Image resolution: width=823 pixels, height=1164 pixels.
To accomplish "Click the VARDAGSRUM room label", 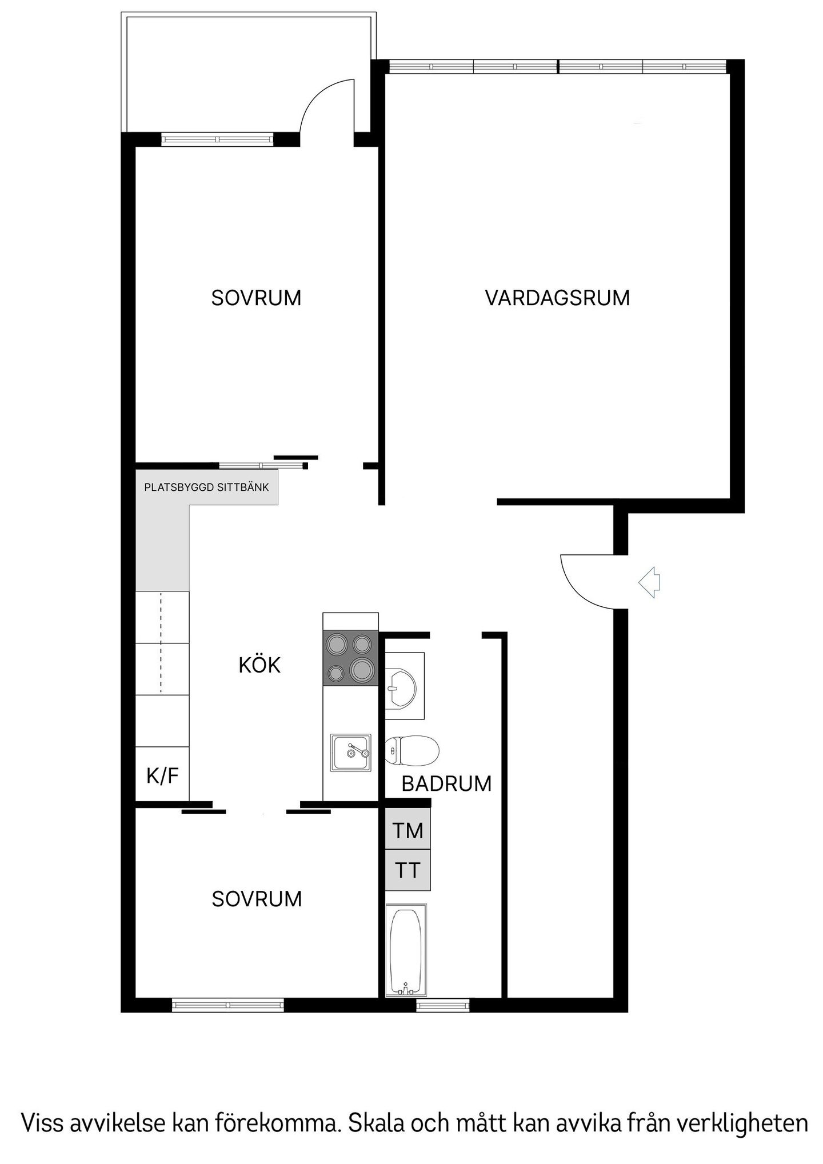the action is pyautogui.click(x=557, y=298).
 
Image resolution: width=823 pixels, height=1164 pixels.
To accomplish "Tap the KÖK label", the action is pyautogui.click(x=259, y=665).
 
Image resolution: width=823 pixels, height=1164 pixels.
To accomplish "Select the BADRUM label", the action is pyautogui.click(x=446, y=783).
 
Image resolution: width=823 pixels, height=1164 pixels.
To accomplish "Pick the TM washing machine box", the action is pyautogui.click(x=407, y=829).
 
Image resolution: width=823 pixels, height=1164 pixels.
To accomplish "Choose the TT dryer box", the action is pyautogui.click(x=407, y=870).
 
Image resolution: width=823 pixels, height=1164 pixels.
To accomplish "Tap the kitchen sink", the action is pyautogui.click(x=351, y=753).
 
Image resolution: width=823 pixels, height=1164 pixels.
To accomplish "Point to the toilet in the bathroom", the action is pyautogui.click(x=411, y=750).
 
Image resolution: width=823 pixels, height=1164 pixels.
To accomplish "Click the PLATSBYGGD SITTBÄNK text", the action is pyautogui.click(x=206, y=487).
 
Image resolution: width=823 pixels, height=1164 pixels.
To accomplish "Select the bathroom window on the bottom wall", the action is pyautogui.click(x=443, y=1005).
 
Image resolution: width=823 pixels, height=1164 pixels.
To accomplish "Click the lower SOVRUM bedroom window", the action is pyautogui.click(x=228, y=1005).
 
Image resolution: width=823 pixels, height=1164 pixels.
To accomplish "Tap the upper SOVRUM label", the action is pyautogui.click(x=256, y=298).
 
